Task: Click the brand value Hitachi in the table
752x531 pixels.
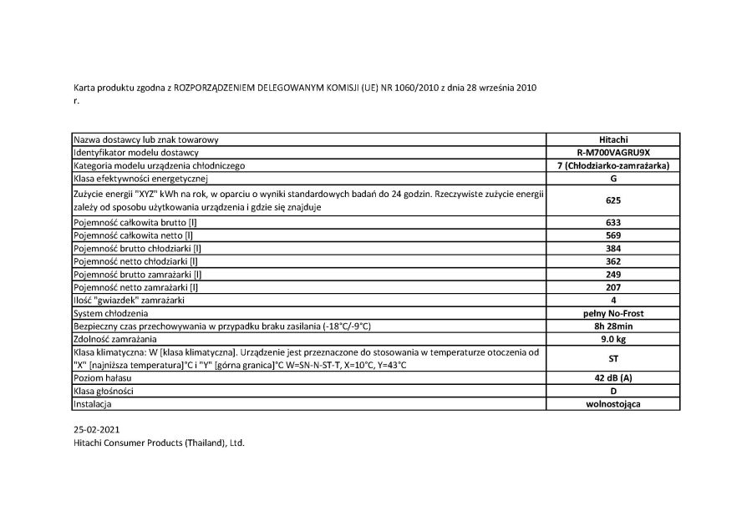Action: [x=613, y=140]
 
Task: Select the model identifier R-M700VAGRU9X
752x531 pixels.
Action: [x=613, y=154]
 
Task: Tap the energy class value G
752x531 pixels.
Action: [x=613, y=179]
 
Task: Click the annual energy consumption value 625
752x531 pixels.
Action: [x=613, y=200]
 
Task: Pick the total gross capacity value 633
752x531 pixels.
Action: [x=613, y=222]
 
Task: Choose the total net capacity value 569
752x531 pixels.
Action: [x=613, y=235]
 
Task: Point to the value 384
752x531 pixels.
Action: [x=613, y=248]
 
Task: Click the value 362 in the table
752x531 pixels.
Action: [x=613, y=261]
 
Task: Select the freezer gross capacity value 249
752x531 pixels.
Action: [x=613, y=274]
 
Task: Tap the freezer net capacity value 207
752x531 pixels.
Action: [x=613, y=287]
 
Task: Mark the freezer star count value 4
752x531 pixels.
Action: [x=613, y=300]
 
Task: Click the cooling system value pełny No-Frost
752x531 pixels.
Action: [x=613, y=313]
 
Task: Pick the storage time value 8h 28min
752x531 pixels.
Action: [x=613, y=326]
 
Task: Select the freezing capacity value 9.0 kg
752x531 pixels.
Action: [x=613, y=340]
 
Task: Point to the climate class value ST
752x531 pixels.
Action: [x=613, y=359]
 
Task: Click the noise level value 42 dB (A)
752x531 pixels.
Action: [x=613, y=378]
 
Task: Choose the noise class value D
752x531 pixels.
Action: [x=613, y=391]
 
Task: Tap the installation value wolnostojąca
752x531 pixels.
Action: [x=613, y=404]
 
